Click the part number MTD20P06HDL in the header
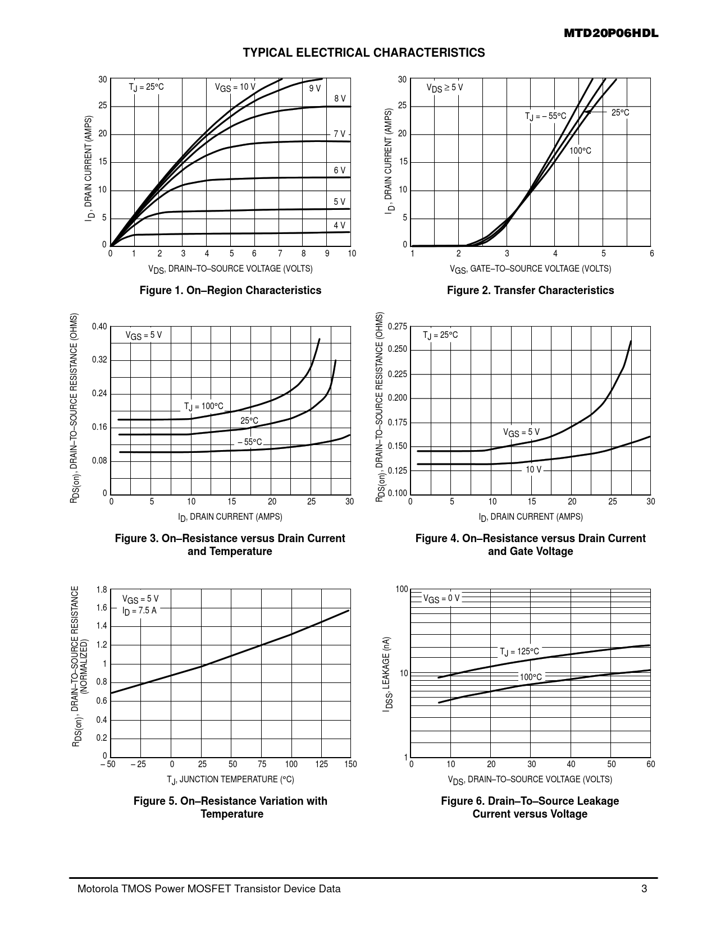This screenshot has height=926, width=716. coord(610,34)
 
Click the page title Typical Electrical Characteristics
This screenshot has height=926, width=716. coord(363,53)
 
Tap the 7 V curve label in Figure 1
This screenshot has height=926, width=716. coord(339,134)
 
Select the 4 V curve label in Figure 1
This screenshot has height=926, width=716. coord(339,225)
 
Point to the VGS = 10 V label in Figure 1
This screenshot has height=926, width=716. coord(235,88)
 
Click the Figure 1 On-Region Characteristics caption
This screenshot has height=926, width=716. coord(230,290)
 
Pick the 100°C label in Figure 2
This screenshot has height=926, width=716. coord(580,151)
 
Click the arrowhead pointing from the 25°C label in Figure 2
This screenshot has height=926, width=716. coord(586,112)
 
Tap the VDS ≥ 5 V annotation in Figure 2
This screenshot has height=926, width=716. coord(445,88)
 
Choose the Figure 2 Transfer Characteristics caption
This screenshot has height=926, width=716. coord(530,290)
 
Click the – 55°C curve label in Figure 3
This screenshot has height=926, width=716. coord(249,442)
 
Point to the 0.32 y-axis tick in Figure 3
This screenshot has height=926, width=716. coord(99,360)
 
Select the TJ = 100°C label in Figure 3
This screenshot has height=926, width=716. coord(203,406)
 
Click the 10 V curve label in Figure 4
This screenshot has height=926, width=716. coord(533,469)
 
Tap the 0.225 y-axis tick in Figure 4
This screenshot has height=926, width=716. coord(398,374)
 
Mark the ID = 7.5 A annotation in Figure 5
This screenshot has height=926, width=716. coord(139,611)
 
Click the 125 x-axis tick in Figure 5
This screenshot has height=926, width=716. coord(321,764)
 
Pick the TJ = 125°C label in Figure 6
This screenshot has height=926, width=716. coord(519,652)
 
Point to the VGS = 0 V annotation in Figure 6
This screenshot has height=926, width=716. coord(441,598)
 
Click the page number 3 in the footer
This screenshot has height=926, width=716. coord(644,889)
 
